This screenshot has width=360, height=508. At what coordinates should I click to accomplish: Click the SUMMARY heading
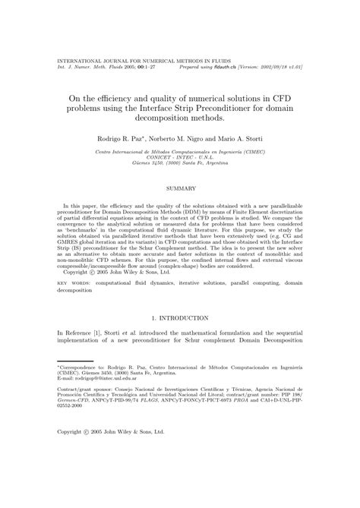click(179, 188)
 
